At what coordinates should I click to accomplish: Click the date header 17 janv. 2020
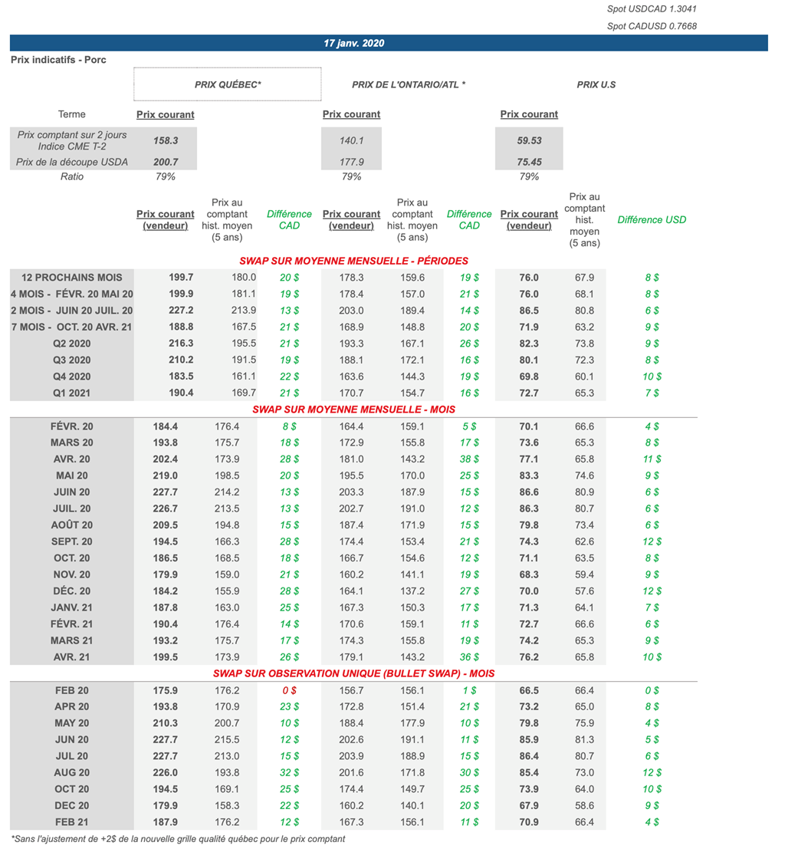click(353, 43)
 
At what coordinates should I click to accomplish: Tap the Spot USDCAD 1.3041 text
click(652, 9)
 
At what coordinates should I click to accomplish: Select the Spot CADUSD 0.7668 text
click(652, 26)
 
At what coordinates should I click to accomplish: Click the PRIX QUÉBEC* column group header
click(228, 84)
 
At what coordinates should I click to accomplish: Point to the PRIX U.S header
click(596, 84)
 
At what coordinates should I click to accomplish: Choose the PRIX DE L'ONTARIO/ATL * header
click(409, 84)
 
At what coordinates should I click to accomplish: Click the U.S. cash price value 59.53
click(529, 140)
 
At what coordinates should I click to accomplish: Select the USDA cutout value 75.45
click(529, 162)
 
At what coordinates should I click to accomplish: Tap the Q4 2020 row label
click(72, 377)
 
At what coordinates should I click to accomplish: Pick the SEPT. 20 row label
click(72, 541)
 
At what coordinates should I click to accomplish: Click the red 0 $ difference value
click(289, 690)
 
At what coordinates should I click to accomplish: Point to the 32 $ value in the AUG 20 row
click(289, 772)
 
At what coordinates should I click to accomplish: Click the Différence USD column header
click(652, 219)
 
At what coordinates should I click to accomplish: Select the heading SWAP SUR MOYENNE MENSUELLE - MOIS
click(353, 410)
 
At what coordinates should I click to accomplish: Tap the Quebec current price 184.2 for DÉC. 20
click(166, 591)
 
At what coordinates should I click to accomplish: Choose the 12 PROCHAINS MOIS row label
click(72, 278)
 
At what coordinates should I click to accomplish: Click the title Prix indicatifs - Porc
click(58, 60)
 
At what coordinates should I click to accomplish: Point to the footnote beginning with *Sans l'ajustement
click(178, 838)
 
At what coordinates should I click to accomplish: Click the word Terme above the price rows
click(72, 114)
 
